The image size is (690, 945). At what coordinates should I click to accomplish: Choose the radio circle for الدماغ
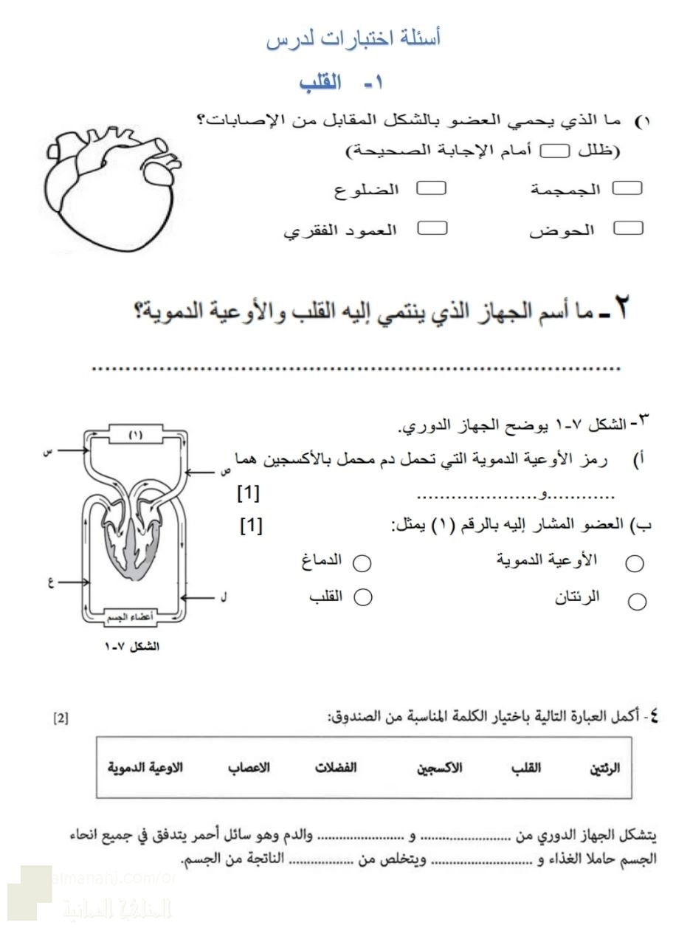click(x=362, y=563)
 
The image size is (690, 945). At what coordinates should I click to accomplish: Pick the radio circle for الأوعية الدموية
click(x=635, y=564)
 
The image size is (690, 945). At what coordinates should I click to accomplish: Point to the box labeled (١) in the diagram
click(x=135, y=435)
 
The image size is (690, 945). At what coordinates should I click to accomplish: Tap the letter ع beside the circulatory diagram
click(x=51, y=581)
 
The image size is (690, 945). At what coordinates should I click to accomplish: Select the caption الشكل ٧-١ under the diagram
click(x=133, y=647)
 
